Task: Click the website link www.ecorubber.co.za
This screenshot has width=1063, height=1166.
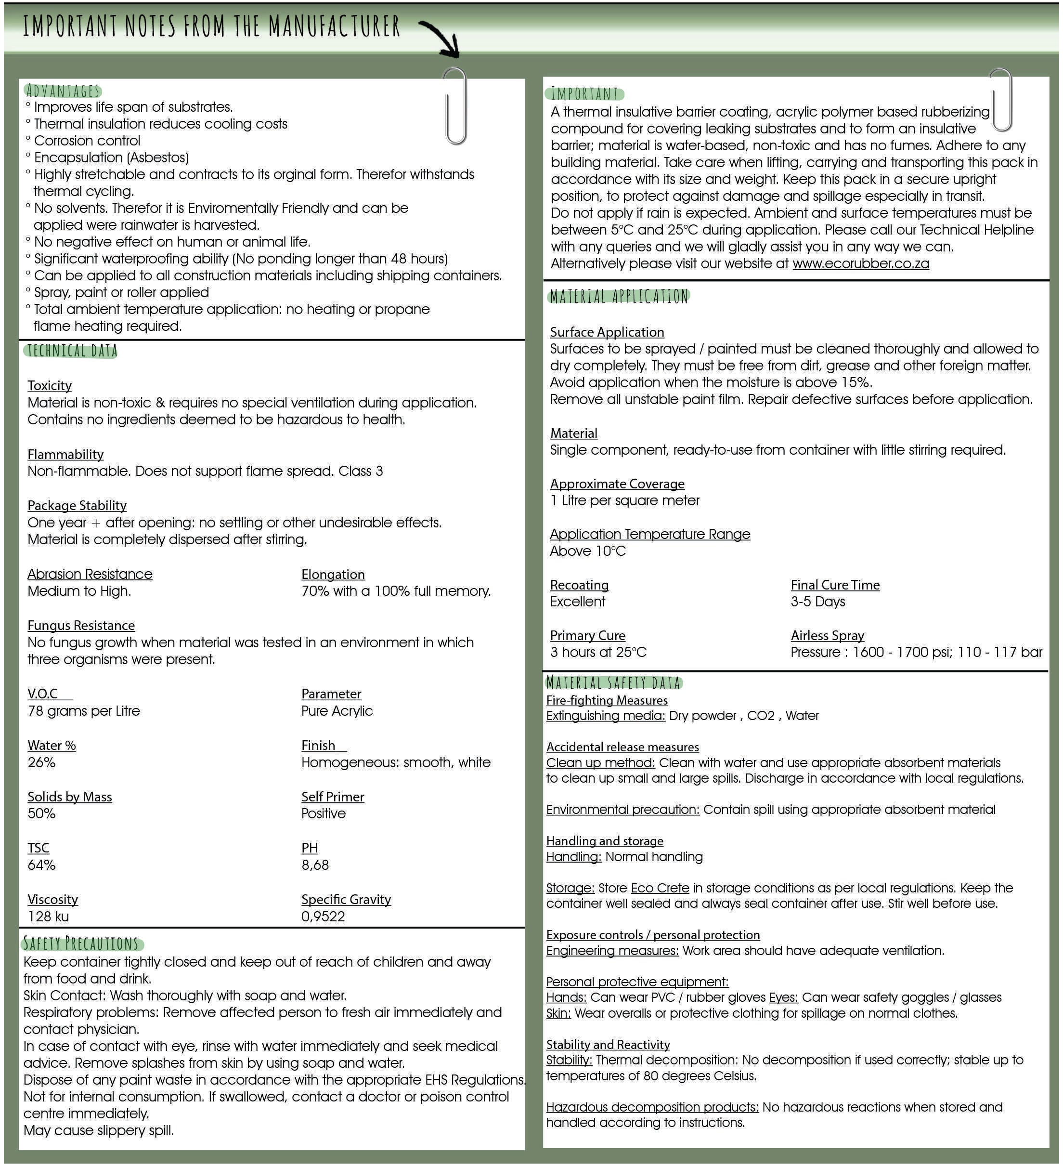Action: [x=860, y=264]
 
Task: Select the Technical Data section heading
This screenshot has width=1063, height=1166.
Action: [x=72, y=351]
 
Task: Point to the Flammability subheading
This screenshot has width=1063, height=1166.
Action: [x=65, y=455]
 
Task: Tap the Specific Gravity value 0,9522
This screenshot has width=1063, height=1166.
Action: [x=323, y=917]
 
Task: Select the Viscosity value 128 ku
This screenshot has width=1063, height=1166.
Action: [x=48, y=917]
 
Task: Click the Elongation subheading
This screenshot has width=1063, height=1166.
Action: [x=333, y=574]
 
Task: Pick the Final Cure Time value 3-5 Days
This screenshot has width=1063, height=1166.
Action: [x=817, y=602]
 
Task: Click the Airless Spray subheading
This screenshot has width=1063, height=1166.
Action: [x=827, y=636]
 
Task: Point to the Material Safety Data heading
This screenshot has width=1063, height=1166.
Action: [x=613, y=683]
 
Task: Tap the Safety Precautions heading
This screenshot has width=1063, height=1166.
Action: [x=81, y=944]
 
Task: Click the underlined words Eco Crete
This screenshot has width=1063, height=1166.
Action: [x=660, y=888]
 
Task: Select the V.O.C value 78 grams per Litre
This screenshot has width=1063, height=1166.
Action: [x=84, y=711]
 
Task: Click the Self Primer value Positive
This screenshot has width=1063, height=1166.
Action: [x=323, y=814]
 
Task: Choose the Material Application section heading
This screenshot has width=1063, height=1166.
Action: [x=619, y=297]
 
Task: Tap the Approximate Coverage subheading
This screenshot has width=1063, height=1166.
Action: [x=617, y=484]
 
